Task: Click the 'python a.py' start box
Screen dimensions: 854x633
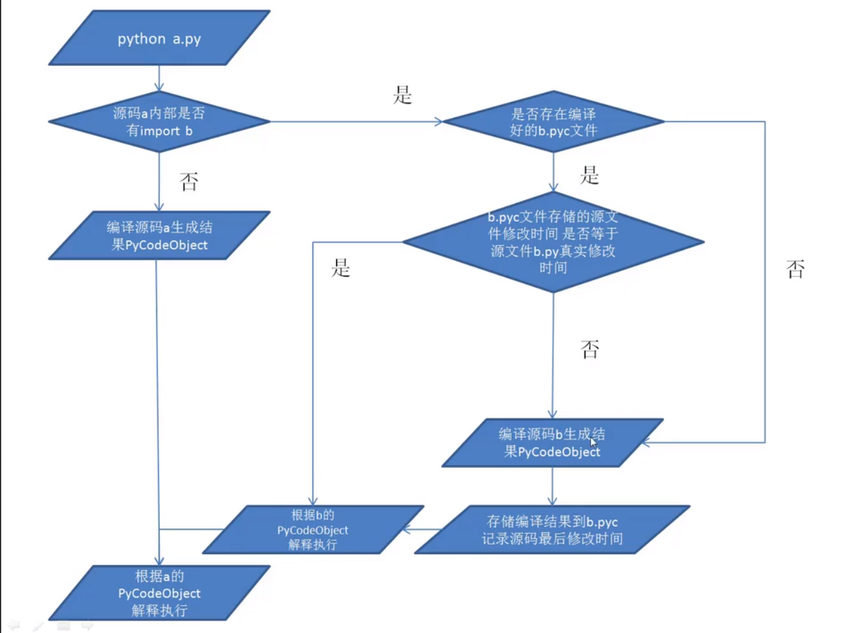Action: click(159, 38)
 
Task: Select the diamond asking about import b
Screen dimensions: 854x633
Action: click(159, 122)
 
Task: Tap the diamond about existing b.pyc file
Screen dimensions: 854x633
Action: click(553, 122)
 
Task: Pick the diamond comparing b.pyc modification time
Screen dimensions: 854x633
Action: click(553, 242)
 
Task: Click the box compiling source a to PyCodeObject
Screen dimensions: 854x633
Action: click(159, 235)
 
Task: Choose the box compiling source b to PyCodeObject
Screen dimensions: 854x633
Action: click(552, 442)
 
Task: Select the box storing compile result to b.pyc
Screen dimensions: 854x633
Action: click(552, 529)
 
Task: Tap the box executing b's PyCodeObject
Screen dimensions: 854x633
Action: click(313, 529)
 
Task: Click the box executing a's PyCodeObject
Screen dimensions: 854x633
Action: click(159, 593)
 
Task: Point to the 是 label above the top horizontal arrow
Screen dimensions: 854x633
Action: click(402, 95)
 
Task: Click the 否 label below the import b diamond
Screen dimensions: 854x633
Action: click(189, 182)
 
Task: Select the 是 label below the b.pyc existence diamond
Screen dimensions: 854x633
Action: click(590, 175)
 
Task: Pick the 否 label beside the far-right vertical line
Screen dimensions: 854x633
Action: click(795, 269)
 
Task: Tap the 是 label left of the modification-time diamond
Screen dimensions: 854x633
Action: click(341, 267)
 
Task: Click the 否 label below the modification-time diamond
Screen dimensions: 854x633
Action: click(590, 349)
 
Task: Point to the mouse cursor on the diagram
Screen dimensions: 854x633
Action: click(593, 442)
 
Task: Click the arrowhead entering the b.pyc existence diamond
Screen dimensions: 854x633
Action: click(439, 122)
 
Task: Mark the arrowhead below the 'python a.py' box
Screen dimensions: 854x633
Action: click(159, 86)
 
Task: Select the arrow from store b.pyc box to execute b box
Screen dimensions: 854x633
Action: click(421, 529)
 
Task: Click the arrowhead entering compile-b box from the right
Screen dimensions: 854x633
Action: click(646, 442)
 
